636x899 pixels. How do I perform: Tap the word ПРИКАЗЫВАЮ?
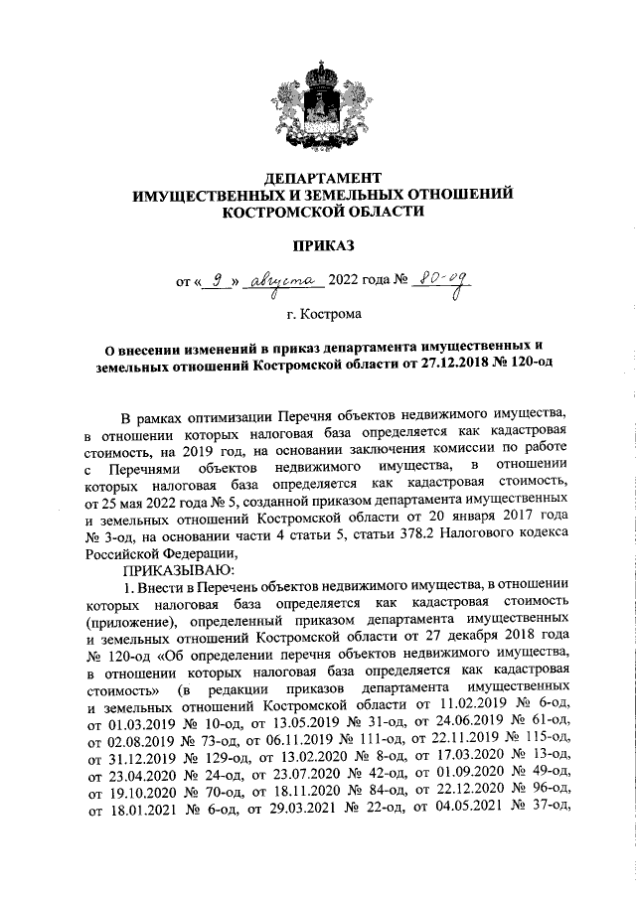tap(177, 570)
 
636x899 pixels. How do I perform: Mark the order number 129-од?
tap(209, 758)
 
